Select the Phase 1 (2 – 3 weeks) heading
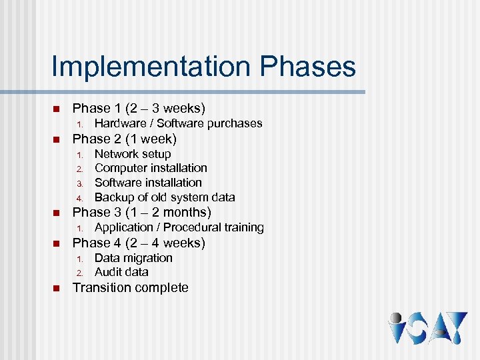[x=139, y=108]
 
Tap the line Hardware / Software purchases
[x=178, y=123]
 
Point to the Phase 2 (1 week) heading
[x=124, y=139]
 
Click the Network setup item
[x=133, y=154]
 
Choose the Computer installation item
[x=151, y=168]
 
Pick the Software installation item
[x=148, y=183]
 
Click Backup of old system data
[x=165, y=197]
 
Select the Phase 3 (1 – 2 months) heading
[x=141, y=213]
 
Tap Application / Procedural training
[x=179, y=228]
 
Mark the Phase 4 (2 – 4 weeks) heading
[x=139, y=243]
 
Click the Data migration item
[x=133, y=258]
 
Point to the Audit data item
[x=121, y=272]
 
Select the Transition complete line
[x=130, y=288]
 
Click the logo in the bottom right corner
[x=427, y=327]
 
